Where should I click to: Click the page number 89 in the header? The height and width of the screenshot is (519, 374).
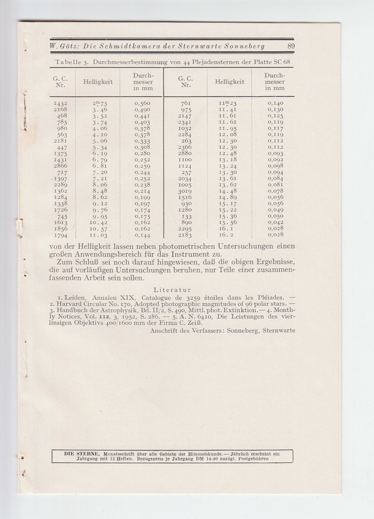[x=291, y=46]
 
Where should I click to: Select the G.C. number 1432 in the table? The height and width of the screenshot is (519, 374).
[x=61, y=103]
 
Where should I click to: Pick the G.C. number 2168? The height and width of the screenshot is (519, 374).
[x=61, y=110]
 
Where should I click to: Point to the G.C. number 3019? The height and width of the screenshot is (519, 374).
[x=185, y=192]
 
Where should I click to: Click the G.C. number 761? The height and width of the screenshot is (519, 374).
[x=185, y=103]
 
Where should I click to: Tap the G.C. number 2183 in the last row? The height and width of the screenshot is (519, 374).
[x=185, y=236]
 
